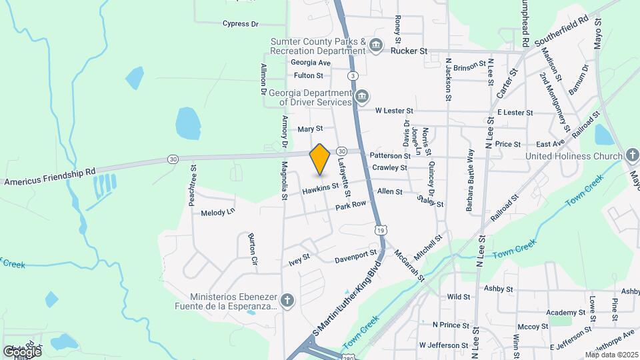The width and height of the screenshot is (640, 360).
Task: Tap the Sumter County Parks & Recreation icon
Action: [x=376, y=45]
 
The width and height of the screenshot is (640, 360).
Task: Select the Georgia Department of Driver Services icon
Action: [x=361, y=97]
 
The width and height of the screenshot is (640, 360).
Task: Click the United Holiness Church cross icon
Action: [x=632, y=156]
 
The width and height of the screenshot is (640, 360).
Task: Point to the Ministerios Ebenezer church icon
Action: [x=287, y=301]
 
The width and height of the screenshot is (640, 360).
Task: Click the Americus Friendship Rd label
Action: [x=50, y=177]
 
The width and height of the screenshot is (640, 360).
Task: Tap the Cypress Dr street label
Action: [x=241, y=24]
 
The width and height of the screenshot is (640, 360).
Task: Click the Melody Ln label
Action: [x=218, y=212]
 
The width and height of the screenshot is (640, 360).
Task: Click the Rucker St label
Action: [x=409, y=51]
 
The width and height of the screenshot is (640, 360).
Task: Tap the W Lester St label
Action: [x=394, y=111]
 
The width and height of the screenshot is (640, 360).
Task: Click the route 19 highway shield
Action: [x=380, y=229]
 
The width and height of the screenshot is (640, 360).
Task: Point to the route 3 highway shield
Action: [x=352, y=76]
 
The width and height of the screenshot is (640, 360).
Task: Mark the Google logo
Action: [x=22, y=351]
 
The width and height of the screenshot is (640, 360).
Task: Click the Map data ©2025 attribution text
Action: [x=611, y=355]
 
